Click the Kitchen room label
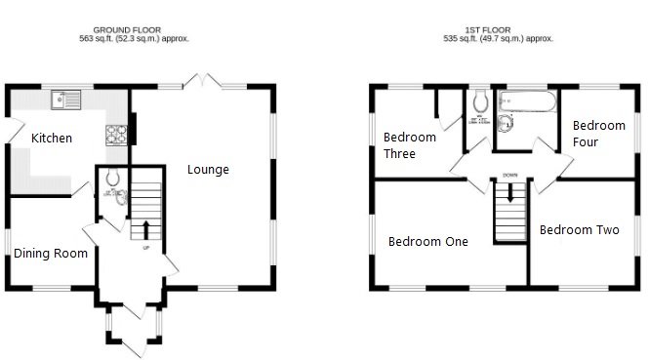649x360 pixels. pos(52,139)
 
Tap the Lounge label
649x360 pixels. pos(209,170)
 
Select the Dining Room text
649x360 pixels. pos(51,254)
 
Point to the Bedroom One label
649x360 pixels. pos(428,242)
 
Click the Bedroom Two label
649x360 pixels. pos(580,230)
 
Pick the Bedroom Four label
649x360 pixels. pos(598,134)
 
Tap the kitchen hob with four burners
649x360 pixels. pos(117,136)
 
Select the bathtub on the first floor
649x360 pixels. pos(526,100)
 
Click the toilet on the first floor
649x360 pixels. pos(479,102)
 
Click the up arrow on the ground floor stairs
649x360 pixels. pos(146,229)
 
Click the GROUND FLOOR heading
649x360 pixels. pos(134,29)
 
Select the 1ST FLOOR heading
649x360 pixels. pos(498,29)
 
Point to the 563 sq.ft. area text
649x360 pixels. pos(134,39)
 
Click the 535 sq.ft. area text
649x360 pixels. pos(498,39)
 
